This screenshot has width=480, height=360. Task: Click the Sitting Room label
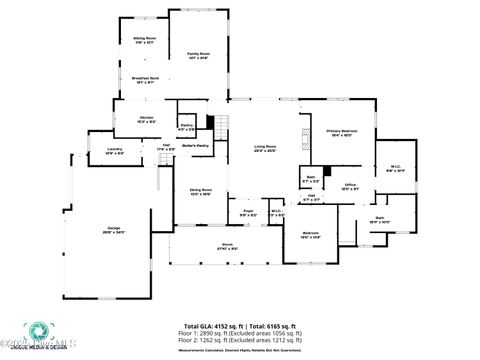[145, 41]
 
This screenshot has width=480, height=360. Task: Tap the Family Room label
[198, 55]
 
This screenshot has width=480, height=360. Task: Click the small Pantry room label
[187, 127]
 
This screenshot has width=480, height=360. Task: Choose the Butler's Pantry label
[195, 146]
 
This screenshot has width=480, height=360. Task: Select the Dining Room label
[201, 191]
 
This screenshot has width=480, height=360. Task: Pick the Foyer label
[247, 213]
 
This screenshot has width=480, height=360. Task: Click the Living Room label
[264, 148]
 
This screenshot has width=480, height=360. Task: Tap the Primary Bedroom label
[341, 132]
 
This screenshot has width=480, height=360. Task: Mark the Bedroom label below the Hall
[310, 234]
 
